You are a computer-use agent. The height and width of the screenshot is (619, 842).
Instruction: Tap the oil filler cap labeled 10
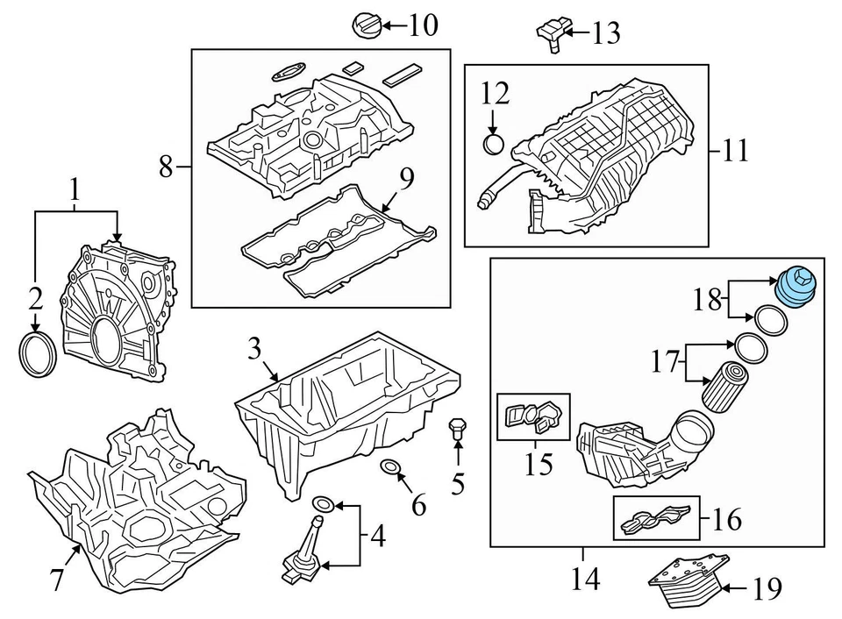pyautogui.click(x=366, y=25)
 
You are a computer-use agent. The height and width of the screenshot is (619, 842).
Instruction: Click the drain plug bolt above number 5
pyautogui.click(x=456, y=429)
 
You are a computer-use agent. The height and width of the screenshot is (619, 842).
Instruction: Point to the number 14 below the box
pyautogui.click(x=585, y=579)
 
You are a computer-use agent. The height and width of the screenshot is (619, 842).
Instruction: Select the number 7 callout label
pyautogui.click(x=57, y=579)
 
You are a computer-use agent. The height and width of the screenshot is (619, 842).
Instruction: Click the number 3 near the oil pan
pyautogui.click(x=253, y=349)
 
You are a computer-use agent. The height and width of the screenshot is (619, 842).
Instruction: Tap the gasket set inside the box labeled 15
pyautogui.click(x=533, y=416)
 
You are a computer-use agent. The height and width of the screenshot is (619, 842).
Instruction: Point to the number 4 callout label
pyautogui.click(x=377, y=535)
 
